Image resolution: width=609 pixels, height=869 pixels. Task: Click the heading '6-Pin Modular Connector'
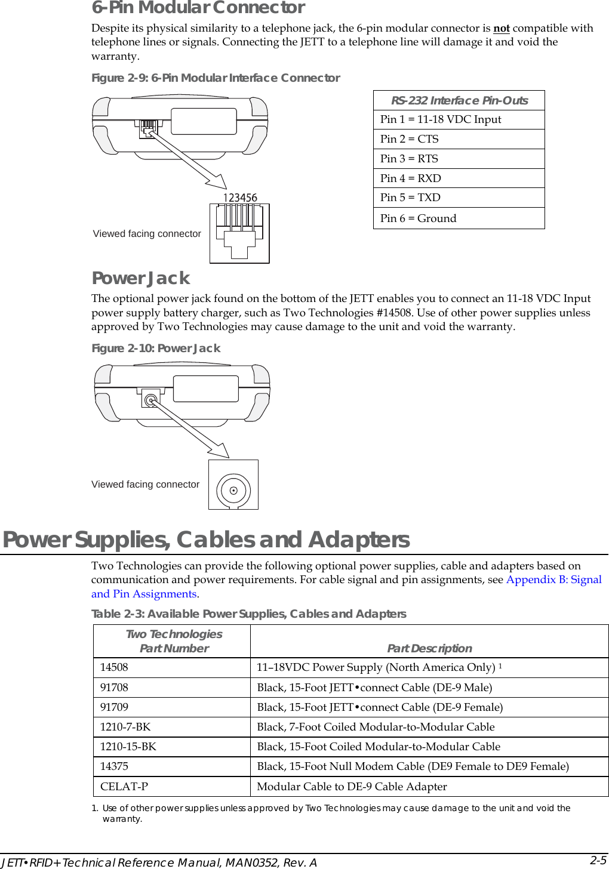198,8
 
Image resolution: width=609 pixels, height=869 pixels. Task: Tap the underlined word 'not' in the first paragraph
501,28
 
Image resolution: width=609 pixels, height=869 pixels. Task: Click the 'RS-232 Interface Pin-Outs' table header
459,100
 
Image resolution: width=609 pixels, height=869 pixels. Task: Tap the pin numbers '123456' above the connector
240,198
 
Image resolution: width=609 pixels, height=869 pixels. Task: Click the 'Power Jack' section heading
140,278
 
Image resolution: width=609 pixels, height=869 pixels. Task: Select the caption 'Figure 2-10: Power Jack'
156,348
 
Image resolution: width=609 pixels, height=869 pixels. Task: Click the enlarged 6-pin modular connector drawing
239,233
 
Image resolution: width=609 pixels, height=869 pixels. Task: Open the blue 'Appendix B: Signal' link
553,580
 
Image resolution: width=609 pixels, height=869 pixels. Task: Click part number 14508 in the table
114,667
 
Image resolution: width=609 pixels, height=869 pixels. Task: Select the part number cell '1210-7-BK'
125,727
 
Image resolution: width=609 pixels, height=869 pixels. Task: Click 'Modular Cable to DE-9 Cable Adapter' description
352,787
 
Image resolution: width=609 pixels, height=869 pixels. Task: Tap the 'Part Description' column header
429,648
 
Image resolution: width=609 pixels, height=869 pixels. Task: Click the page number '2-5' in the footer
598,860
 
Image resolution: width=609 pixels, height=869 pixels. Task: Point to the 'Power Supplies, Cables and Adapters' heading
206,540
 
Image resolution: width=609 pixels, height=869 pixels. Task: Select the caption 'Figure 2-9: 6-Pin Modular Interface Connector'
216,78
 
